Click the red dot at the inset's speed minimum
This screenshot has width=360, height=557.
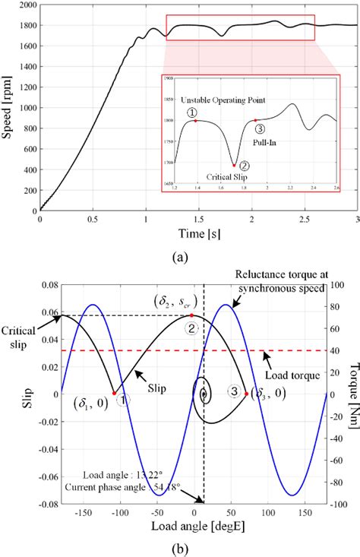234,164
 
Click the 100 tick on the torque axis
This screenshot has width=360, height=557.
338,283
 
